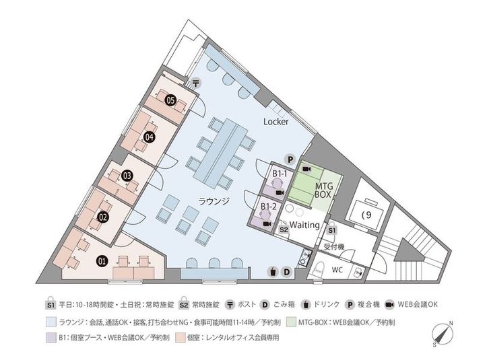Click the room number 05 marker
171,100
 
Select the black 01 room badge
102,261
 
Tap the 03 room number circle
127,176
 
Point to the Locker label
275,122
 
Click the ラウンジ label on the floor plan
214,201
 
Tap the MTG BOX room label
324,190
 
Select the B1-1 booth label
280,174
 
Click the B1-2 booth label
268,207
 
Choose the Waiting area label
304,225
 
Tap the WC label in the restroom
337,270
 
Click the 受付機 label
334,247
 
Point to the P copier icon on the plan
290,160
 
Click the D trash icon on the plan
287,272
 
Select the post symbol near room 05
196,83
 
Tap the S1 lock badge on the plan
332,229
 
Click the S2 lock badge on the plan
284,229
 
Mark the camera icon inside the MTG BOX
307,169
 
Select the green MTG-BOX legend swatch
291,322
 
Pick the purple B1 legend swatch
51,338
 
